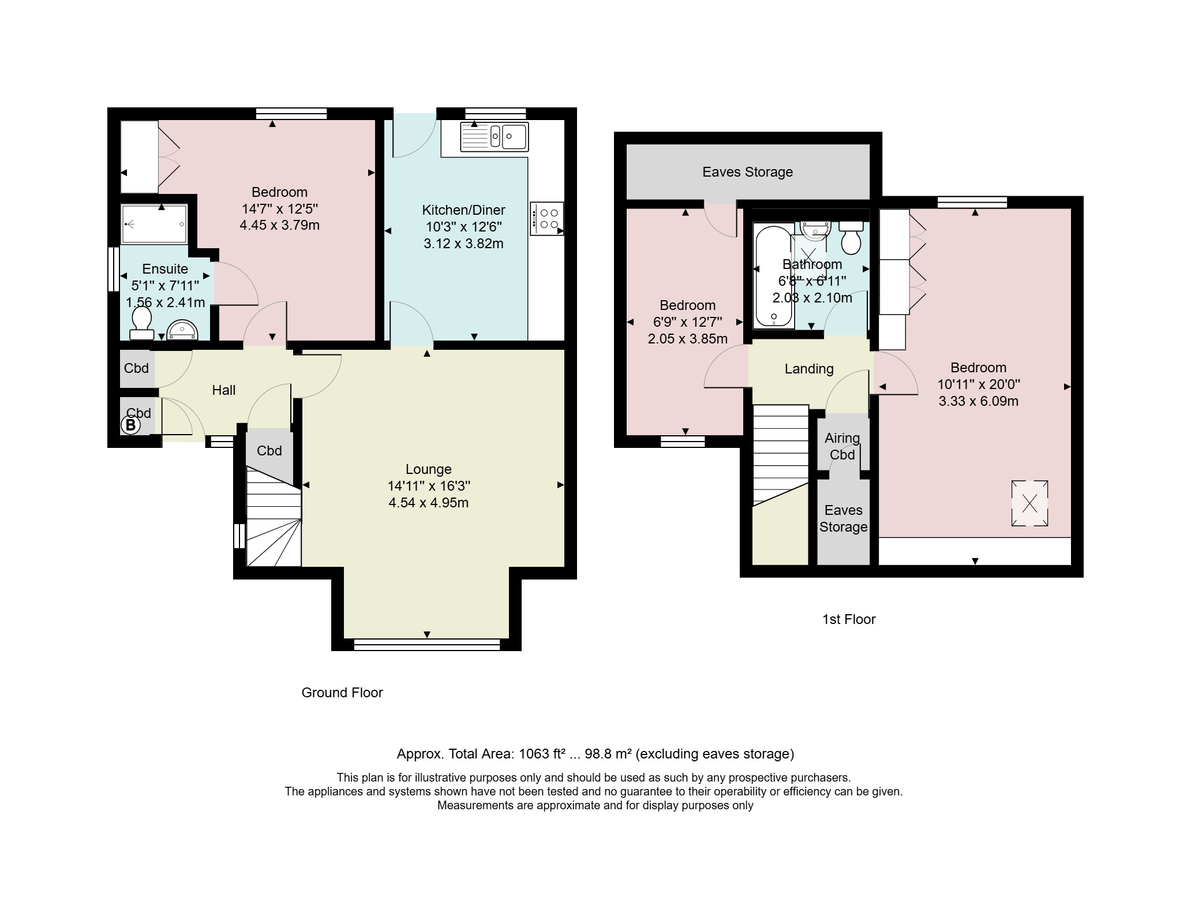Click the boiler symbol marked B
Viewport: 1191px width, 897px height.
[x=130, y=425]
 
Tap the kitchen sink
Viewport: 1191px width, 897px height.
[x=494, y=137]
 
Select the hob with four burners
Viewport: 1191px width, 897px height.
[x=546, y=218]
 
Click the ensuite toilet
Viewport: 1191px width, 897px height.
[x=141, y=323]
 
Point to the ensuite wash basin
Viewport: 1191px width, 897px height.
[x=182, y=330]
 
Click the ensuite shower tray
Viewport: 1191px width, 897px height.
[x=154, y=223]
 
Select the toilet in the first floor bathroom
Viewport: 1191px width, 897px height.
[x=851, y=237]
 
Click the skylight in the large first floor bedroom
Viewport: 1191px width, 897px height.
[x=1029, y=503]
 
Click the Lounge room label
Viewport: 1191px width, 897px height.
[x=428, y=469]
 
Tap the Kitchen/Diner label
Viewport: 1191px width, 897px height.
[x=463, y=210]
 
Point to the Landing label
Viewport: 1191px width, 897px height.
[x=809, y=369]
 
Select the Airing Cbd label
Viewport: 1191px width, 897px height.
[x=842, y=446]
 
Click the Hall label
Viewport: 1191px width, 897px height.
[x=224, y=390]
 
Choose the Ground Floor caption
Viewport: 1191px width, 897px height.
[x=342, y=693]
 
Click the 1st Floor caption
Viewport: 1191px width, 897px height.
[x=849, y=619]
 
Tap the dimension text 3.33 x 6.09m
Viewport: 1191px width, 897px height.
[x=979, y=401]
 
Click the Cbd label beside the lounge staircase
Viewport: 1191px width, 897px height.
[x=269, y=451]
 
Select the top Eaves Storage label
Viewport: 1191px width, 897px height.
[x=747, y=172]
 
